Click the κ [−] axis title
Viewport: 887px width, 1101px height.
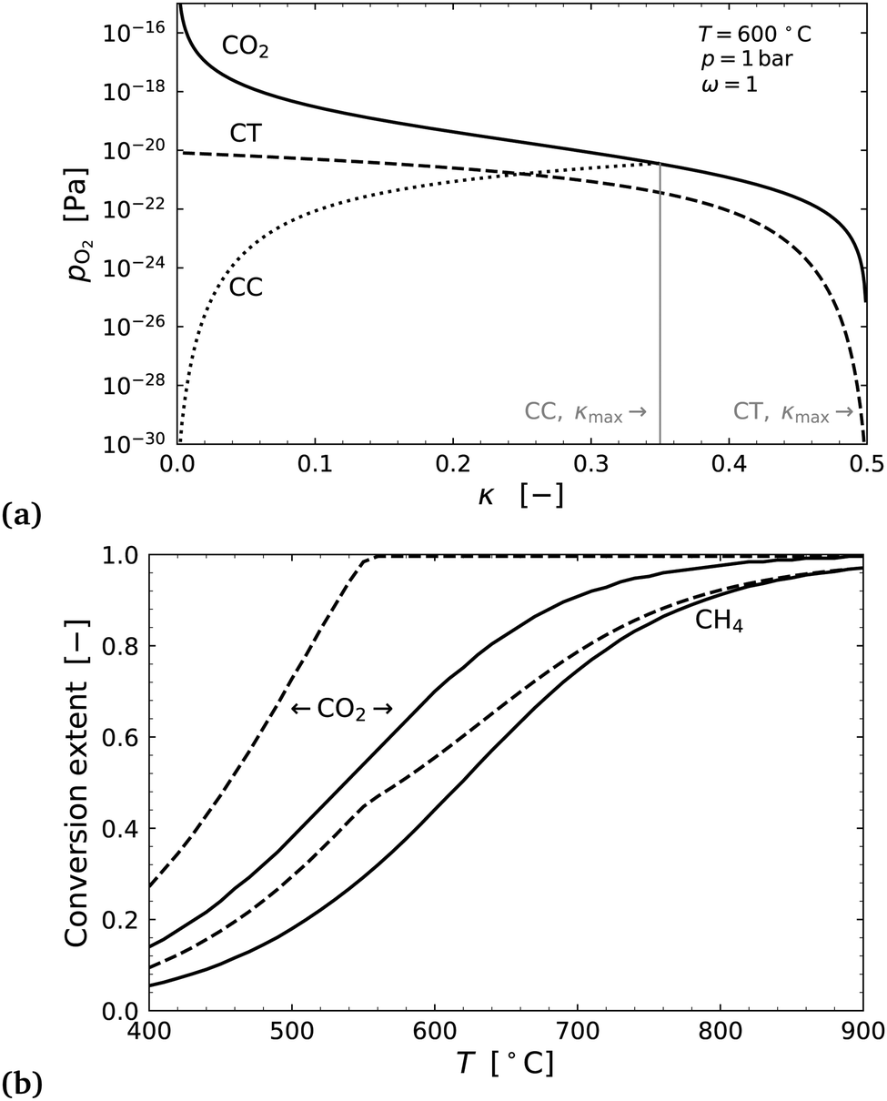pos(519,496)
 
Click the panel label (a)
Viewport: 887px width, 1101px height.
pos(21,515)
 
